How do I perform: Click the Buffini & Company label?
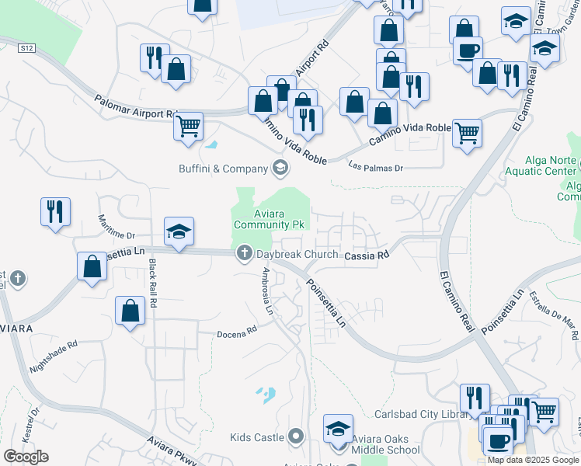223,167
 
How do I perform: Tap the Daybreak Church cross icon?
244,252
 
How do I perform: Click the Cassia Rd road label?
366,255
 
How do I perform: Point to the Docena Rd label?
238,332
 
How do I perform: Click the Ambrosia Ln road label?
268,292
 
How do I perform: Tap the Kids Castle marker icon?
295,436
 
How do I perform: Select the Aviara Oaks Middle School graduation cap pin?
338,429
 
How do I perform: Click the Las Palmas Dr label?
376,166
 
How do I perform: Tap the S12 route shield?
27,48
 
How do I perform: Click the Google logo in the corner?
26,457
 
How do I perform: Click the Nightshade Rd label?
53,355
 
